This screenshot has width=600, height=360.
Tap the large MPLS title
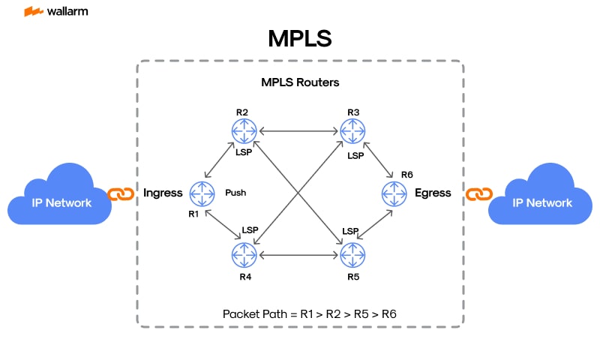[300, 39]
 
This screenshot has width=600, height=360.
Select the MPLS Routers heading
[300, 82]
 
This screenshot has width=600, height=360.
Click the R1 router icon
[202, 193]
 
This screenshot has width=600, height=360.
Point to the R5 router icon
[352, 256]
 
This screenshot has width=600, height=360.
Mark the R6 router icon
[394, 193]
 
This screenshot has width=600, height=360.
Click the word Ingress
[163, 193]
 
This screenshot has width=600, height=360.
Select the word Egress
[433, 193]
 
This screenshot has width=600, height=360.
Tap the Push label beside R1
[235, 193]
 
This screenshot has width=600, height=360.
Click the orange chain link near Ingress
[121, 194]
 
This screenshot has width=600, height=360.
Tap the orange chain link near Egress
[477, 194]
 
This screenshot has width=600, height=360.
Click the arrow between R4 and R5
[298, 256]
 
